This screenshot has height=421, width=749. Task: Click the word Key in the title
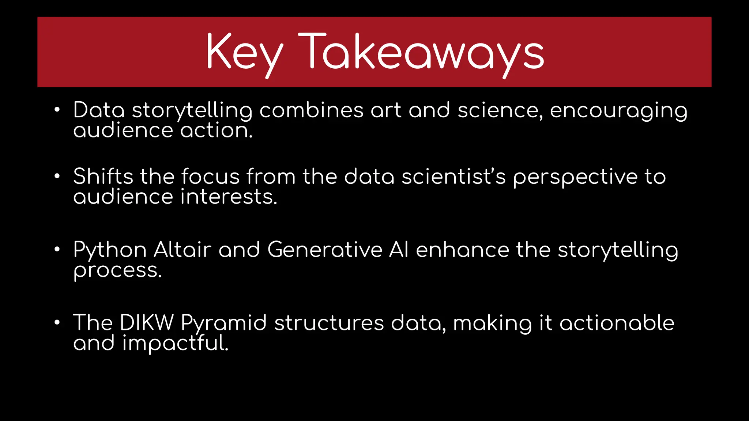point(244,53)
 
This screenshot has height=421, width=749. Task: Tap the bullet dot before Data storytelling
point(57,110)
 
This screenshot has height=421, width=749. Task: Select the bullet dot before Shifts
point(57,176)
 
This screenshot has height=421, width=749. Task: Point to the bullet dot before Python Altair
point(57,250)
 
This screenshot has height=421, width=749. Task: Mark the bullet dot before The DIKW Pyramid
point(57,323)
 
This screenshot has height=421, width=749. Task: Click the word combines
point(311,110)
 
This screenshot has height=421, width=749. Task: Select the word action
point(216,130)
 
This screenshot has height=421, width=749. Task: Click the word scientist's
point(453,177)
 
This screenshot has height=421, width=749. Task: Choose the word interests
point(229,197)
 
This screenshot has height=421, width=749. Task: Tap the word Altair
point(182,250)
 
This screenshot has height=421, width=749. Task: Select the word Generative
point(325,250)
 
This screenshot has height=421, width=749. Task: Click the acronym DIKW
point(147,323)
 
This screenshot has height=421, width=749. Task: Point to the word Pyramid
point(224,324)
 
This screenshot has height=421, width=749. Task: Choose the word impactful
point(175,344)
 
